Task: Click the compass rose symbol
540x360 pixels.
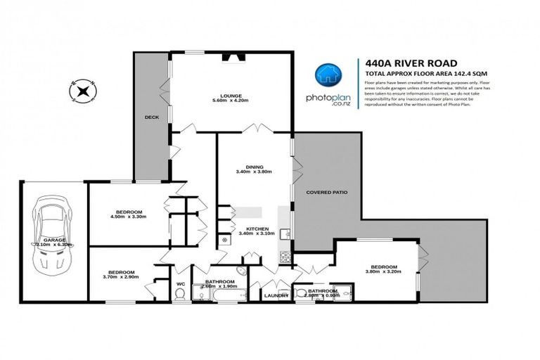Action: [x=83, y=89]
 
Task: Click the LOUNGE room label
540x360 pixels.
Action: [x=230, y=95]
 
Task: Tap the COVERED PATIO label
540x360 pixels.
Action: [x=327, y=192]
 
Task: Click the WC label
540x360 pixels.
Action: [x=180, y=284]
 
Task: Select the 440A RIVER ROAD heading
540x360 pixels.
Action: [x=398, y=62]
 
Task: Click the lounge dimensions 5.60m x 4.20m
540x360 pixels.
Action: [x=230, y=101]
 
